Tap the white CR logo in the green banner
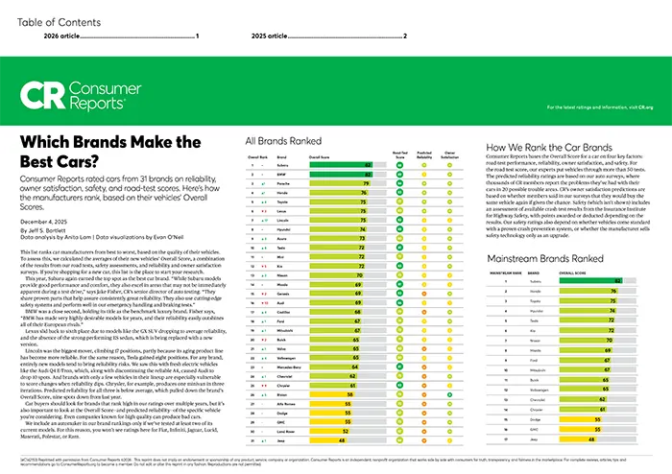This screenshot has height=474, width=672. pyautogui.click(x=41, y=96)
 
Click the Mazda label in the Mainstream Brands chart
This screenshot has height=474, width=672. pyautogui.click(x=535, y=352)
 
